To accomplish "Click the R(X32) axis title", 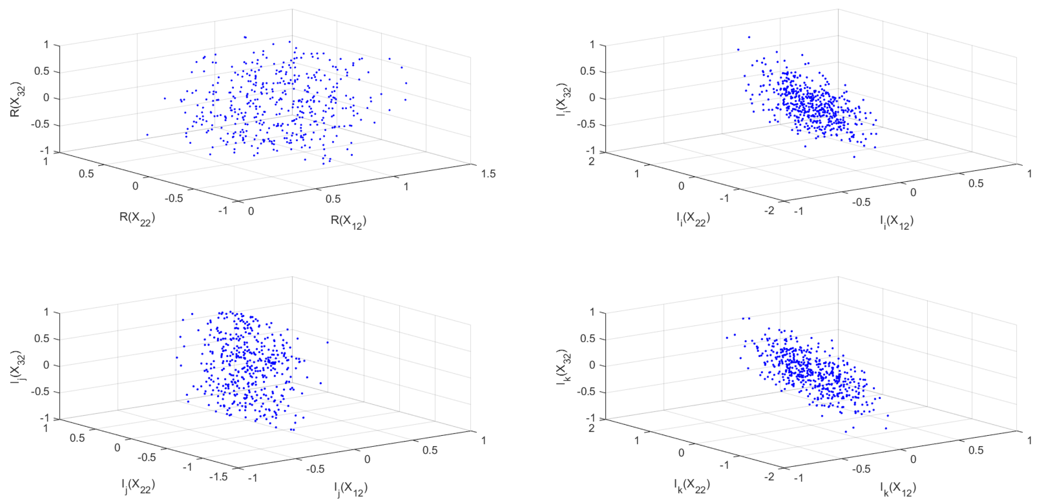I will [17, 100].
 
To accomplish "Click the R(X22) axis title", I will [137, 219].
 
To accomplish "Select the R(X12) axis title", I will [348, 222].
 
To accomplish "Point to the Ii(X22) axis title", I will [693, 219].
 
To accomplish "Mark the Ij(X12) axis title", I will [350, 489].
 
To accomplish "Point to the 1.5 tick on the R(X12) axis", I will [488, 174].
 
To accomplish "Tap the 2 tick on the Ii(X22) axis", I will [591, 162].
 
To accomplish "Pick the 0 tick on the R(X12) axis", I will [251, 211].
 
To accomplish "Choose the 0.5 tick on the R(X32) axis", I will [42, 71].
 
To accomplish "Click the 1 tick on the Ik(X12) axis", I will [1029, 441].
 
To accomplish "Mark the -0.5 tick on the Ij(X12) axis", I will [315, 469].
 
